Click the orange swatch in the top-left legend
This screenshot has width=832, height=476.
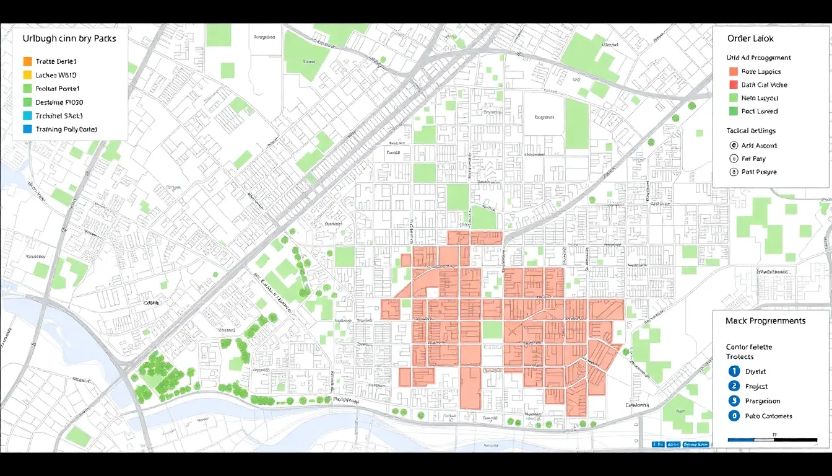(27, 61)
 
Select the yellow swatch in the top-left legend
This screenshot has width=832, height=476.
(27, 75)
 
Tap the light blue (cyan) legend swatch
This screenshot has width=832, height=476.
(27, 116)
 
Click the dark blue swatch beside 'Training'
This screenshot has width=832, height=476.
(27, 130)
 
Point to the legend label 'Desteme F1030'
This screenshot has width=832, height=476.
(59, 102)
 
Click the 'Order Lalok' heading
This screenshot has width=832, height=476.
(750, 38)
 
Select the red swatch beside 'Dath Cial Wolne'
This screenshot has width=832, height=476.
(734, 85)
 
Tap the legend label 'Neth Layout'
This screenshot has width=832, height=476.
(760, 98)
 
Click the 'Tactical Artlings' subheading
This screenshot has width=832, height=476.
(751, 131)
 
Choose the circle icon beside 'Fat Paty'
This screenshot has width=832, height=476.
(734, 159)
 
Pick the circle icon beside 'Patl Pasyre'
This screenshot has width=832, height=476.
(734, 172)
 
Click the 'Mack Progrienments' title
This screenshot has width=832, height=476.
(765, 321)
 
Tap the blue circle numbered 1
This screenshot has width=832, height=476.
(734, 371)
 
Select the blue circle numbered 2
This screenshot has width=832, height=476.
(734, 386)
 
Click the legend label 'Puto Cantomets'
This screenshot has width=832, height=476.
(768, 416)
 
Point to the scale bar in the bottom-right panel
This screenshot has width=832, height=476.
(772, 440)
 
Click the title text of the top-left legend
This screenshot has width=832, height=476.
(69, 38)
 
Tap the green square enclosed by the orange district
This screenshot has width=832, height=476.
(492, 330)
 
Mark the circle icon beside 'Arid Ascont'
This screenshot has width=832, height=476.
(734, 146)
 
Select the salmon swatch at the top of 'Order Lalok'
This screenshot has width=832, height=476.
(734, 72)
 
